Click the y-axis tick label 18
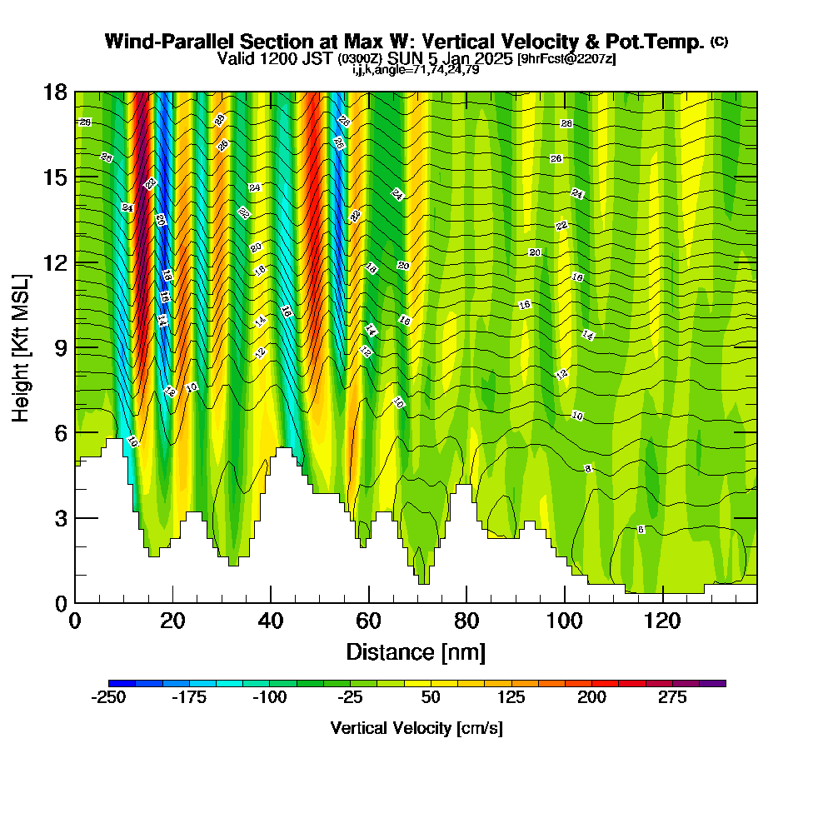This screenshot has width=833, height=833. (57, 92)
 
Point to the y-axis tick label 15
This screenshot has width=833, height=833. (57, 177)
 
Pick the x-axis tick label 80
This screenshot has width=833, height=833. (466, 621)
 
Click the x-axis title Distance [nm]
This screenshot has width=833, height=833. (416, 651)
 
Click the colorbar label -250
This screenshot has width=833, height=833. (108, 697)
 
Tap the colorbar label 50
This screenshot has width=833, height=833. (431, 697)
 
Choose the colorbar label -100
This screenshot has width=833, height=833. (270, 697)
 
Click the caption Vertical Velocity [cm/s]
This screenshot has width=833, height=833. (416, 728)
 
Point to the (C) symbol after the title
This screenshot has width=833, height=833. (719, 42)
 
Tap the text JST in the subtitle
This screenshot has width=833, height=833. (322, 58)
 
